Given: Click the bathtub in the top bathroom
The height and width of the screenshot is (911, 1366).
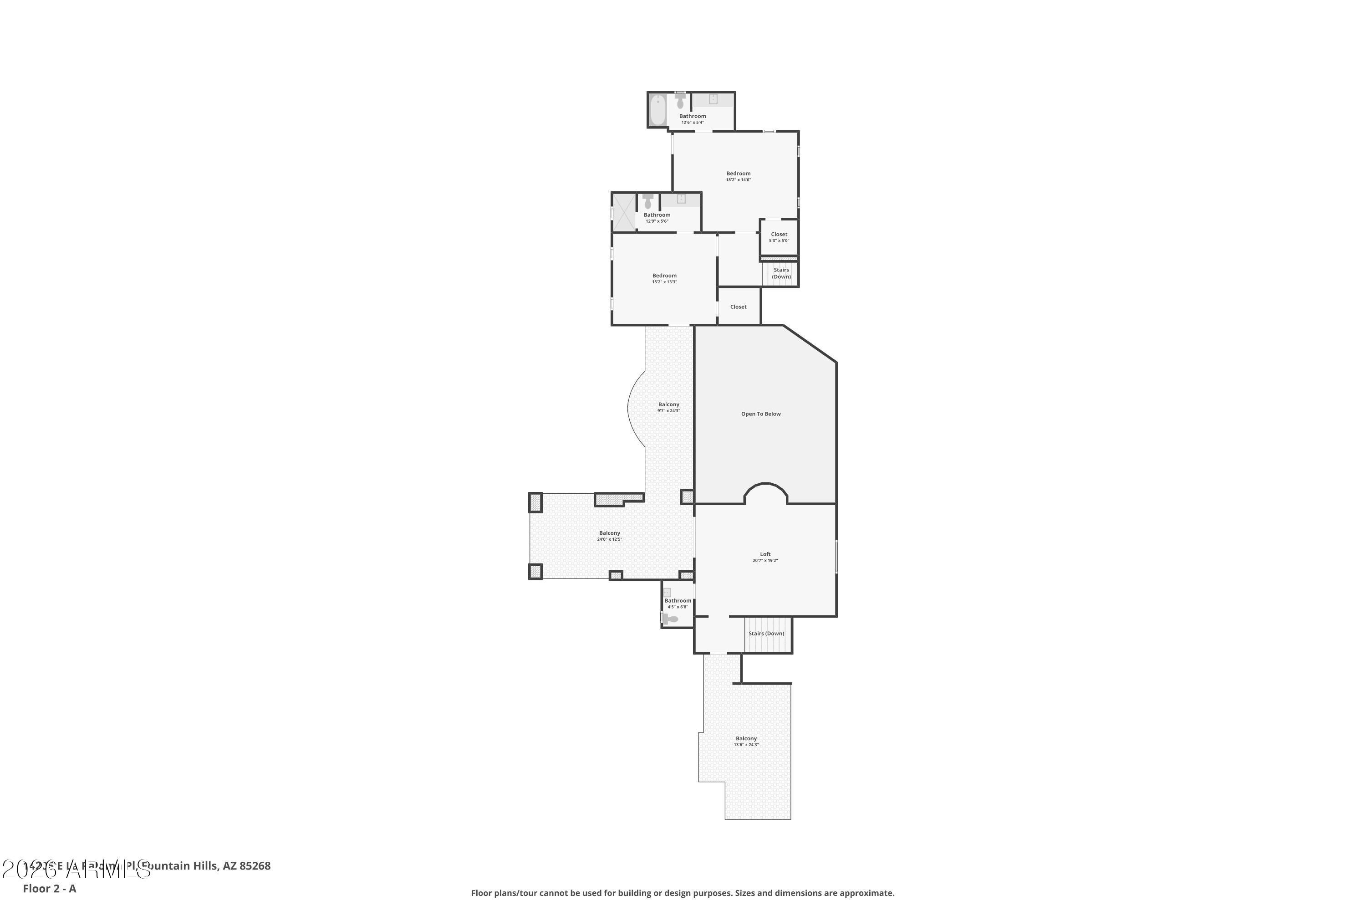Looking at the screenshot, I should pos(658,110).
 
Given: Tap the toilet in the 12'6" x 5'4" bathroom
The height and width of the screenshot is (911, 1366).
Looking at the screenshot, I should pos(680,103).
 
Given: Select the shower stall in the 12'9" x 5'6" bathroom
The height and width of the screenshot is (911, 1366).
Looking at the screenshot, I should pos(624,212).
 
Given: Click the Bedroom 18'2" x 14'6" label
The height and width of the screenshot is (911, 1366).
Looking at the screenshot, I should pos(738,176).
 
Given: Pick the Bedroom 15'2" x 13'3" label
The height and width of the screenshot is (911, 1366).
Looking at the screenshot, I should pos(664,278).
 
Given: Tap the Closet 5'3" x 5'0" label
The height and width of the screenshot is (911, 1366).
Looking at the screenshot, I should pos(779,237).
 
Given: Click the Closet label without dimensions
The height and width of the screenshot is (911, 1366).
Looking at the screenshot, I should pos(738,307).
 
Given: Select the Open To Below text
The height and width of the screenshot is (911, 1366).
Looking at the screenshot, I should pos(760,414).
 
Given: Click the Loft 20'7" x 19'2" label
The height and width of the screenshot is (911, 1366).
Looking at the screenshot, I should pos(765,557).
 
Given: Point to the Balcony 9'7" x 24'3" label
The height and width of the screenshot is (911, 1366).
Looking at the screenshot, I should pos(668,407).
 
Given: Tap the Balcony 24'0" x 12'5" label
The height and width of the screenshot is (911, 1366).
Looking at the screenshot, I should pos(609,536).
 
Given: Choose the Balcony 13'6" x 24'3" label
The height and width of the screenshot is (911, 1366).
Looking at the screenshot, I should pos(746,742).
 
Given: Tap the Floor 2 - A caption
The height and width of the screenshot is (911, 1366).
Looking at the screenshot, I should pos(49,888).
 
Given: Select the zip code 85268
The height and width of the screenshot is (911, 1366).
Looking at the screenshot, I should pos(255,866).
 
